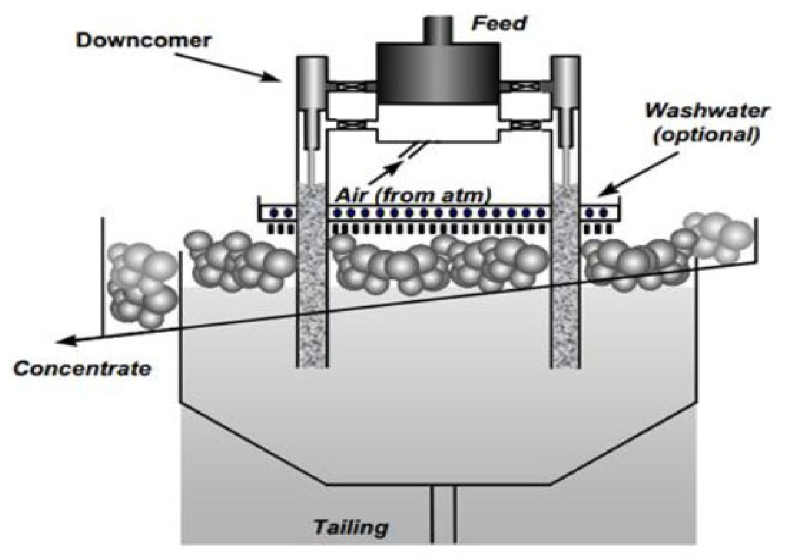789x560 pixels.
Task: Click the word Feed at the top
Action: pyautogui.click(x=499, y=23)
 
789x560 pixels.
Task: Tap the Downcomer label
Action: pyautogui.click(x=143, y=40)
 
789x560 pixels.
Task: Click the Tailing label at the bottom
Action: pyautogui.click(x=351, y=527)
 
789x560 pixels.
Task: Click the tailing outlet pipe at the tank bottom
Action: pyautogui.click(x=444, y=517)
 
